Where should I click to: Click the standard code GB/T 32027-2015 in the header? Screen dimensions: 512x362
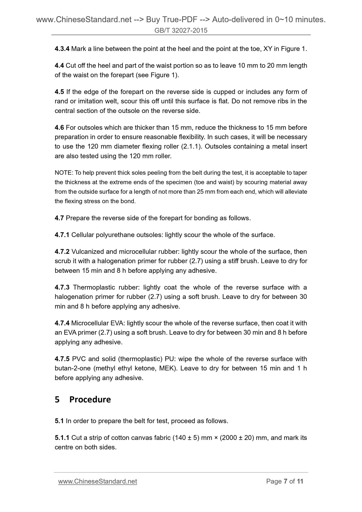coord(181,31)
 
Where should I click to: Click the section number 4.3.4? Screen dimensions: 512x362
coord(62,49)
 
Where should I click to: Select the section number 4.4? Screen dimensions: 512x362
coord(59,66)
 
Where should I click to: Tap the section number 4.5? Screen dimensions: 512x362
coord(59,92)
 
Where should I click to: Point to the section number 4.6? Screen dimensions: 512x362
coord(59,128)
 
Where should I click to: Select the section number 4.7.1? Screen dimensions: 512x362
coord(62,235)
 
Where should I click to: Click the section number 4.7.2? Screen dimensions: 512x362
coord(62,251)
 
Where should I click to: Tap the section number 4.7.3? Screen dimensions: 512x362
coord(62,287)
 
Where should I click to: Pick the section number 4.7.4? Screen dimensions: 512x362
coord(62,323)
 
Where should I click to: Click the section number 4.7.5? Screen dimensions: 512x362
coord(62,359)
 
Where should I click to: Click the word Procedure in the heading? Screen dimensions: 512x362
coord(90,399)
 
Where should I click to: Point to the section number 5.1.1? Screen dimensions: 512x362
coord(62,438)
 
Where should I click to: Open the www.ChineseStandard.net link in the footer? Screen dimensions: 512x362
coord(97,481)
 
